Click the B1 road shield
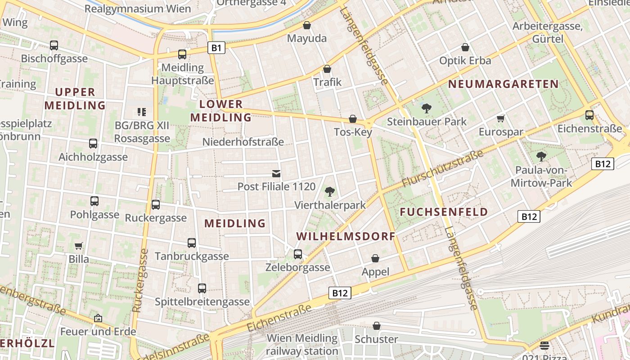(216, 47)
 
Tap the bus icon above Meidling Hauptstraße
(182, 54)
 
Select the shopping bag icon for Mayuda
(307, 25)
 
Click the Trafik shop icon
(327, 69)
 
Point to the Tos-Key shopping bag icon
(353, 119)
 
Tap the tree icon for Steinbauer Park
(426, 108)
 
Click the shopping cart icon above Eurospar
(501, 119)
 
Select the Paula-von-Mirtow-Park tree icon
(541, 157)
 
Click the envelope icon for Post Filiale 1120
(276, 173)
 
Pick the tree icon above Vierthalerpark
(330, 192)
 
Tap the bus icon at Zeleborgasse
(298, 254)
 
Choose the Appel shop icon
(375, 258)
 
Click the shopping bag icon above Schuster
(377, 326)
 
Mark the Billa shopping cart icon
(79, 246)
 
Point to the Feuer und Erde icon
(98, 318)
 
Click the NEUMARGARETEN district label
(503, 84)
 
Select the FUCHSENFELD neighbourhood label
(444, 212)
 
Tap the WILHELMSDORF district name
(346, 236)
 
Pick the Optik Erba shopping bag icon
(465, 47)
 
